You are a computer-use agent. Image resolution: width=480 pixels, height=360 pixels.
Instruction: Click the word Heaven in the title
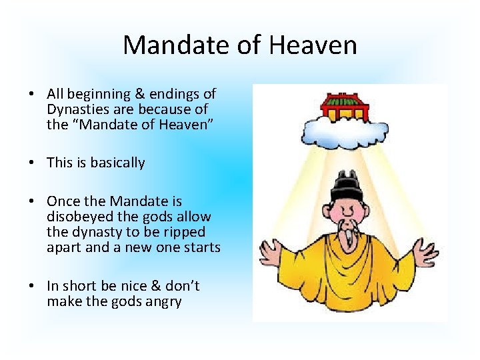click(313, 45)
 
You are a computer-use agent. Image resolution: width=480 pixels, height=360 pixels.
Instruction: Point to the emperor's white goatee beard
click(348, 230)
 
